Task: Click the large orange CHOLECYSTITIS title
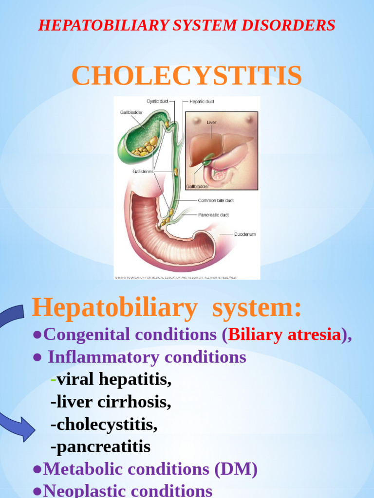pyautogui.click(x=187, y=76)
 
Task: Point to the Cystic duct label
pyautogui.click(x=157, y=102)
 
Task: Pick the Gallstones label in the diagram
pyautogui.click(x=143, y=171)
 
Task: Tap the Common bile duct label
pyautogui.click(x=216, y=200)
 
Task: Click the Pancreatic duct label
pyautogui.click(x=213, y=215)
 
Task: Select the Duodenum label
pyautogui.click(x=245, y=234)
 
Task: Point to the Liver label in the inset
pyautogui.click(x=212, y=123)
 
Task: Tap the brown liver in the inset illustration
pyautogui.click(x=214, y=146)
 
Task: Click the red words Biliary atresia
pyautogui.click(x=284, y=335)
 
